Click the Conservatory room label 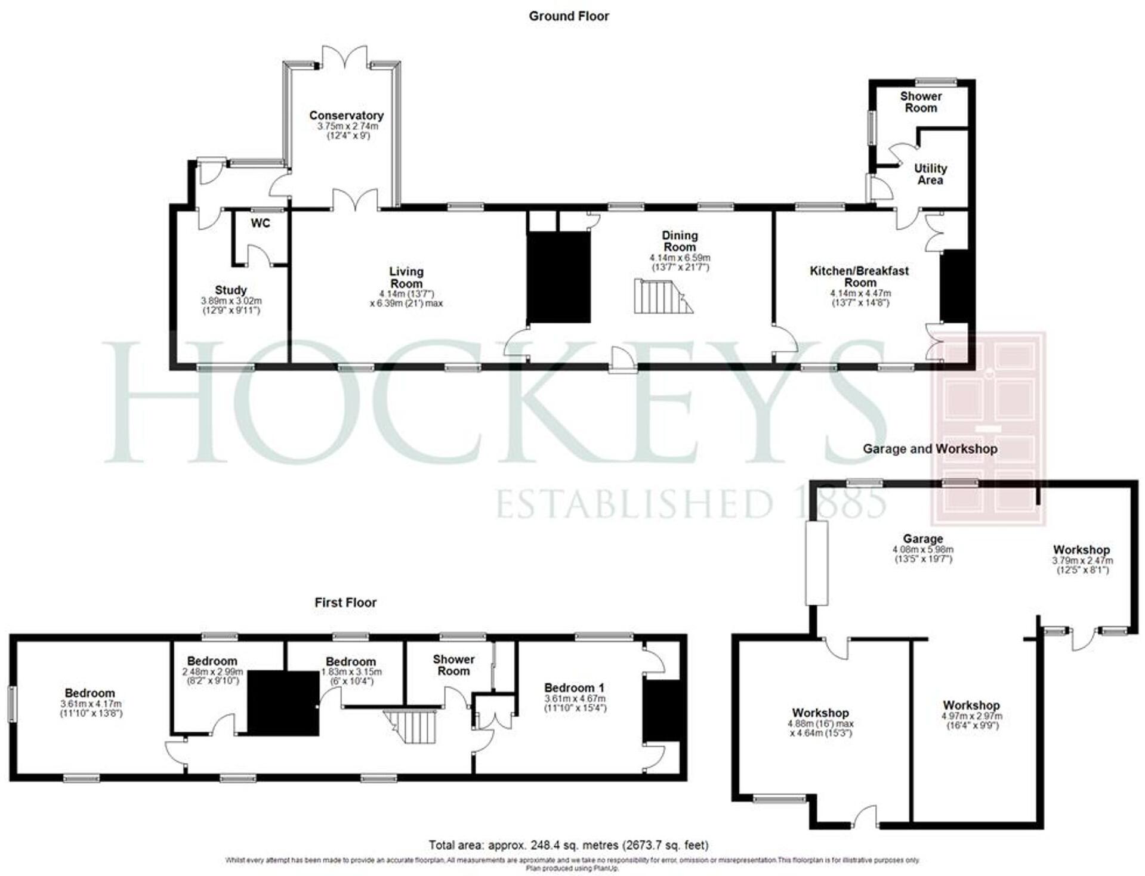(346, 115)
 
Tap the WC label (260, 223)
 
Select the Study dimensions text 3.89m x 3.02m (231, 301)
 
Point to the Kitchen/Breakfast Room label (859, 276)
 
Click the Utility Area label (930, 174)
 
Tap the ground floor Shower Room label (921, 102)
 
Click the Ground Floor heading (569, 16)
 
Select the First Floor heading (345, 602)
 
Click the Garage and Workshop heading (930, 448)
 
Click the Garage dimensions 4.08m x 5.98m (922, 549)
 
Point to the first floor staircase (414, 725)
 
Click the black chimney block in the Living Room (559, 277)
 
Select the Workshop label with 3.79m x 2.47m (1081, 550)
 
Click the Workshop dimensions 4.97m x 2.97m (971, 716)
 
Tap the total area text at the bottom (569, 845)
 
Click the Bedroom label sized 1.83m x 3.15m (350, 661)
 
